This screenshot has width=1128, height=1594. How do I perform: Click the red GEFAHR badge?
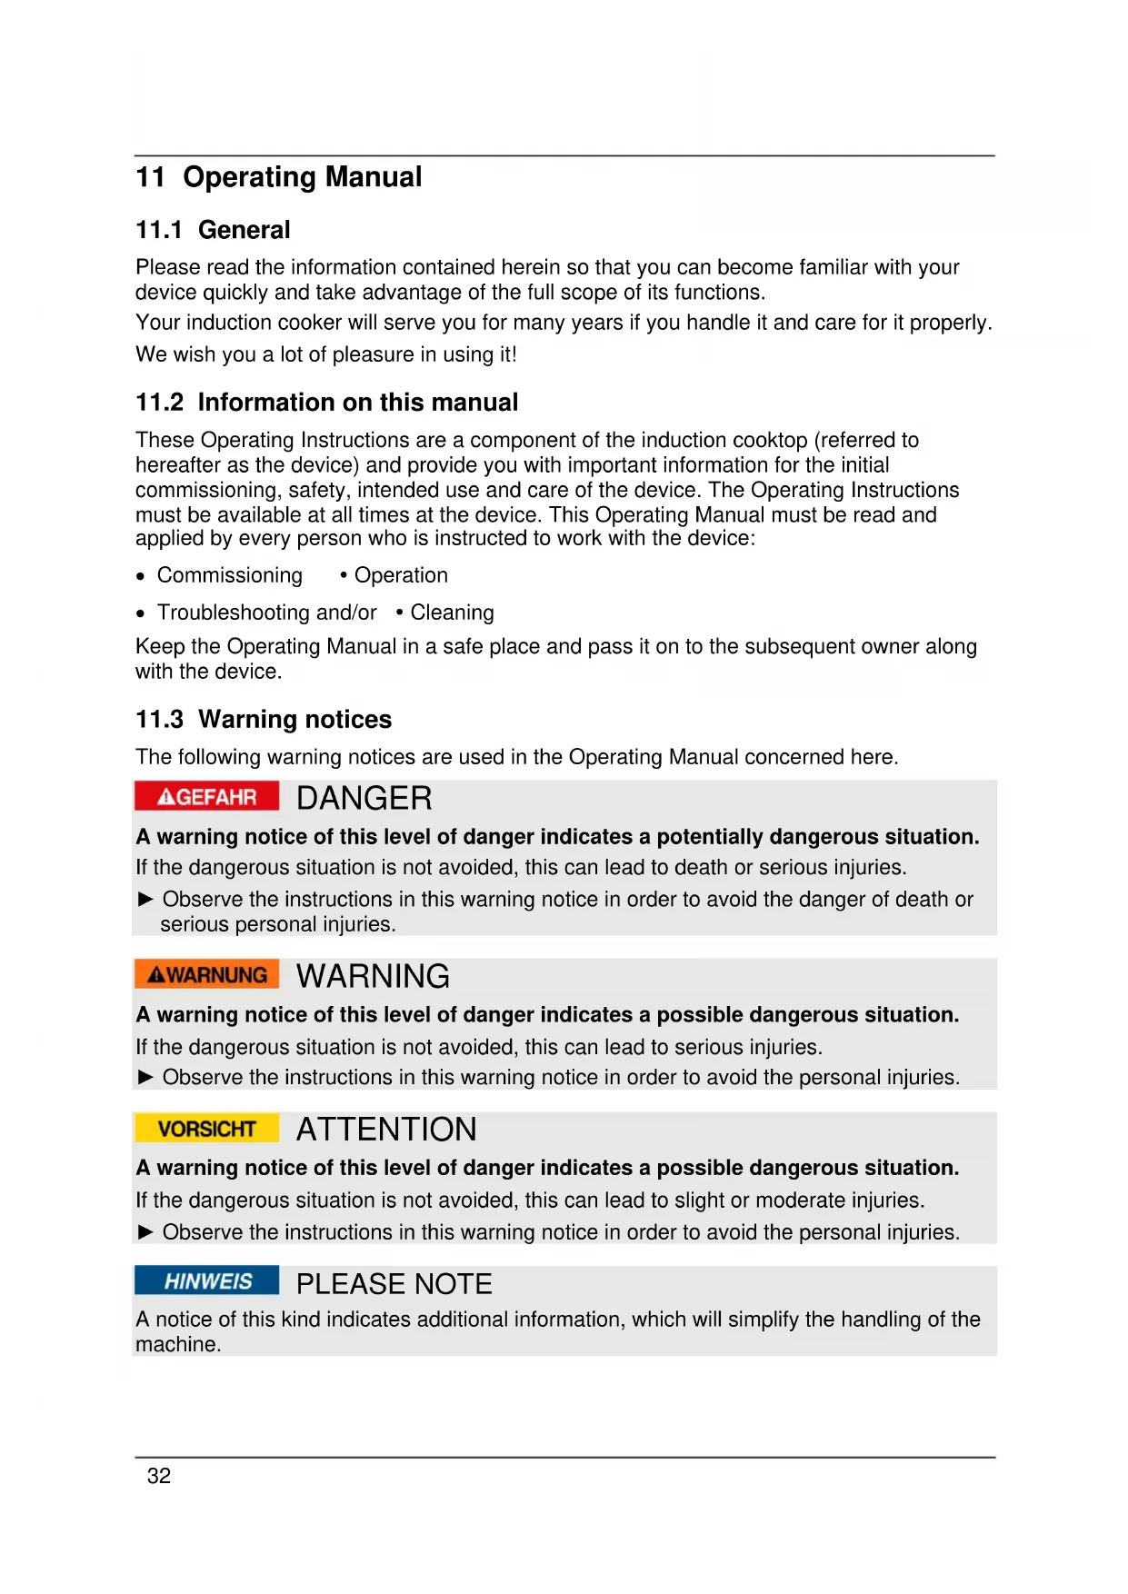(x=207, y=796)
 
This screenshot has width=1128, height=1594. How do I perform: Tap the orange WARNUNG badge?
(x=207, y=974)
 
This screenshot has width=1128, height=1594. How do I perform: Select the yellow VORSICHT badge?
(x=207, y=1129)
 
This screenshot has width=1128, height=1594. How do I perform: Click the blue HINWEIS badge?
(x=207, y=1281)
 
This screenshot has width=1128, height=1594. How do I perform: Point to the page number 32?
(x=159, y=1476)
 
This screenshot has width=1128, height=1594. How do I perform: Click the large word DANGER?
(x=364, y=798)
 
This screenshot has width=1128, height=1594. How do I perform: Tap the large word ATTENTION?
(x=386, y=1130)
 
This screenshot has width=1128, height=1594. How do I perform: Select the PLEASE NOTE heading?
(x=394, y=1284)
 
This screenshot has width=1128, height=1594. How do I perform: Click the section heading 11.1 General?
(x=213, y=230)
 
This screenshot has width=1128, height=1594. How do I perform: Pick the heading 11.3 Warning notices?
(x=264, y=720)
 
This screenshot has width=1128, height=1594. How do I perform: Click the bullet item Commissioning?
(x=229, y=575)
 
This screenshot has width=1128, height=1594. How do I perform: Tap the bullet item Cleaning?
(x=452, y=613)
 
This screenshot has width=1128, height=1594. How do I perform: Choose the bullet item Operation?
(x=401, y=575)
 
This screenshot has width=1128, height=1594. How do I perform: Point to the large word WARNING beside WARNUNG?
(x=373, y=976)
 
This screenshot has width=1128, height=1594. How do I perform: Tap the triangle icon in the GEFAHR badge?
(x=166, y=797)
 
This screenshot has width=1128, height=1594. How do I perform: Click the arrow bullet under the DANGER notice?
(x=145, y=899)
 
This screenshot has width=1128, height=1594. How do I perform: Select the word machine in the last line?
(x=176, y=1344)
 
